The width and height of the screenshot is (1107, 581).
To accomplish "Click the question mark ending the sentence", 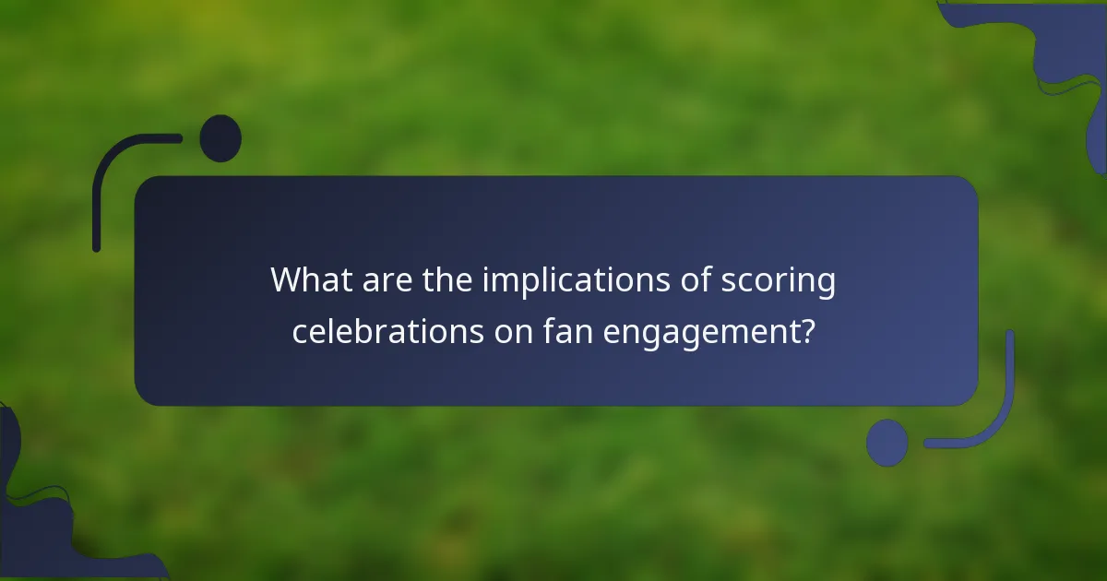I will (807, 330).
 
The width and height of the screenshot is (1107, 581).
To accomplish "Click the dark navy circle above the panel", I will (220, 138).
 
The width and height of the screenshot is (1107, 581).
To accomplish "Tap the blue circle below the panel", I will (887, 443).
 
